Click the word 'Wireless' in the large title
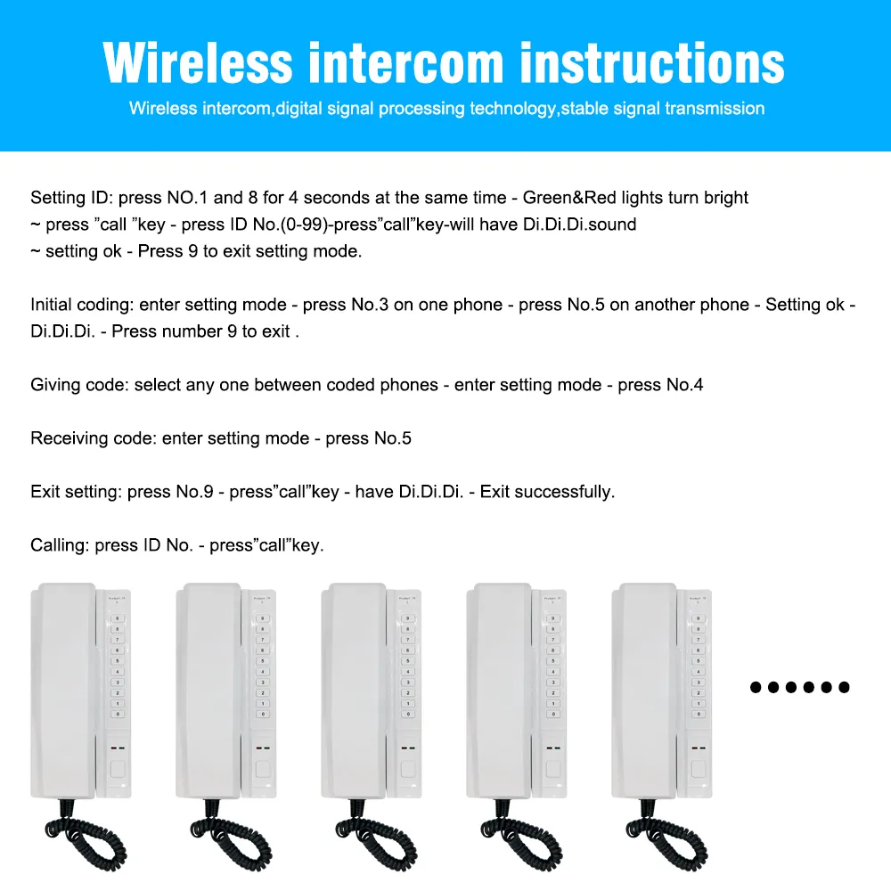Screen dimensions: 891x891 click(x=197, y=62)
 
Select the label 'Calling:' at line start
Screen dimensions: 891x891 click(x=61, y=545)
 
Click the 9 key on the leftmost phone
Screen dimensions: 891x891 click(x=117, y=618)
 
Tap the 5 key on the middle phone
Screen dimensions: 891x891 click(x=408, y=661)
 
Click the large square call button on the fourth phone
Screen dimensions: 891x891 click(x=553, y=769)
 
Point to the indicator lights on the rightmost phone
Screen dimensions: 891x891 click(x=699, y=748)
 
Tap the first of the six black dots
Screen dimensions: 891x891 click(x=756, y=687)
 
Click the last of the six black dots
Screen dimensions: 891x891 click(x=845, y=687)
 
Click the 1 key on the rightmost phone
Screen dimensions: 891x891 click(x=698, y=703)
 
